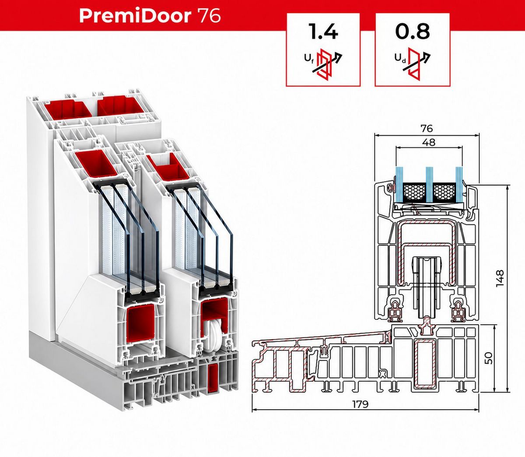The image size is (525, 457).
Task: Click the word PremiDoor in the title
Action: pos(135,16)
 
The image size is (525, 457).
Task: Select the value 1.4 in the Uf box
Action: pos(323,31)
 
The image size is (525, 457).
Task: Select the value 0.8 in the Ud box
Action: pos(413,32)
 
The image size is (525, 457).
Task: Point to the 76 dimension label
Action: pos(427,128)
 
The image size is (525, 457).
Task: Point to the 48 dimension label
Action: pos(428,142)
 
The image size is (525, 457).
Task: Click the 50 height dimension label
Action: pos(488,358)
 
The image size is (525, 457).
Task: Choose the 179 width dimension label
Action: pos(360,404)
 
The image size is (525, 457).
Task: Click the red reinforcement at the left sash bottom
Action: pos(140,326)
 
